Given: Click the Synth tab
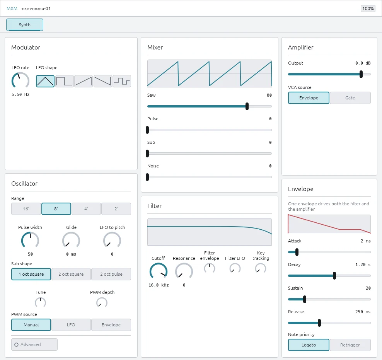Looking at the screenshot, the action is click(x=25, y=25).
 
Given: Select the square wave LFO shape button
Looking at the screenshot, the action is click(x=64, y=81).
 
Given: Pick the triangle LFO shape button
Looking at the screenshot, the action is click(x=45, y=81).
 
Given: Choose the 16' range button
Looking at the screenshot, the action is click(x=26, y=209).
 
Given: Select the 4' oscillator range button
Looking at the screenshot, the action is click(x=86, y=209).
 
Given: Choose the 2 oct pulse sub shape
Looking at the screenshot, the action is click(x=111, y=274).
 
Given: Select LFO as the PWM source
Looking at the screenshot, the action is click(x=71, y=325).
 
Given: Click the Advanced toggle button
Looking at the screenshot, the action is click(x=34, y=345).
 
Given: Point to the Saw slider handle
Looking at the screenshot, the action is click(x=247, y=106).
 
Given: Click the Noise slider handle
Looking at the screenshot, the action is click(x=147, y=177).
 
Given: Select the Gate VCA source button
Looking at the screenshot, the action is click(x=350, y=98).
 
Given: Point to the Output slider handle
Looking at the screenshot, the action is click(x=361, y=74).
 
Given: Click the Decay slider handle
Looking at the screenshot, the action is click(x=334, y=276).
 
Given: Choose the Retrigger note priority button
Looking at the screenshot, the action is click(x=350, y=345).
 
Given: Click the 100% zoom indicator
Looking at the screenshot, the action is click(x=368, y=9).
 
